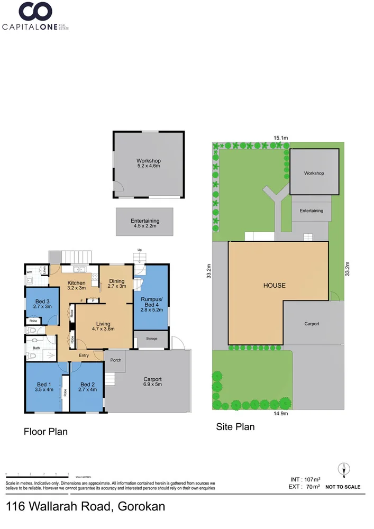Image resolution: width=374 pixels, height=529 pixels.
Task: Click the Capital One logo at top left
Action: [36, 16]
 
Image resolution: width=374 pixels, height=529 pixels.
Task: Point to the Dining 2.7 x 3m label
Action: [116, 284]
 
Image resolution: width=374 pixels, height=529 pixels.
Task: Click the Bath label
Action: [36, 348]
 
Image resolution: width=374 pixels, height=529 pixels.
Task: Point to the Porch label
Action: [116, 360]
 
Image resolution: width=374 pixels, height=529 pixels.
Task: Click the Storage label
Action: [151, 339]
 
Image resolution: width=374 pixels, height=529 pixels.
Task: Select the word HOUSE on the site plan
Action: [275, 286]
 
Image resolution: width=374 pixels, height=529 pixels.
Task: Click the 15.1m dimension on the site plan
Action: [280, 138]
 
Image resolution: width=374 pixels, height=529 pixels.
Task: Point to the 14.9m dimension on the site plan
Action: [280, 414]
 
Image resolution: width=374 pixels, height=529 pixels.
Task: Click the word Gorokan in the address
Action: [140, 507]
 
